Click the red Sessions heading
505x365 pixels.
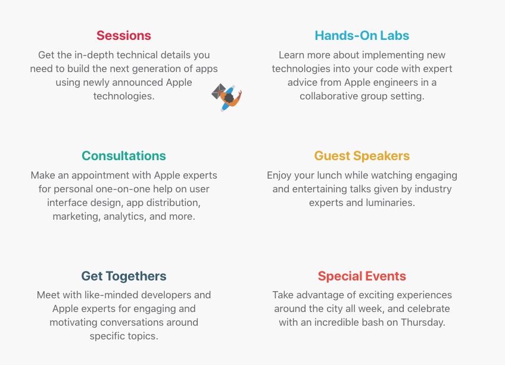click(124, 36)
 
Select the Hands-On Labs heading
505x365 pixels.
click(362, 36)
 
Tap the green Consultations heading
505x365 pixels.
click(124, 155)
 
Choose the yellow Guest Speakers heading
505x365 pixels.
click(362, 156)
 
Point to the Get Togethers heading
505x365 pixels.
click(124, 276)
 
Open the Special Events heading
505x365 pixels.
click(362, 276)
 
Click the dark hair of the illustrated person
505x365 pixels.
click(229, 98)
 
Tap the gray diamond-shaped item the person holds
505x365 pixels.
click(219, 91)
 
